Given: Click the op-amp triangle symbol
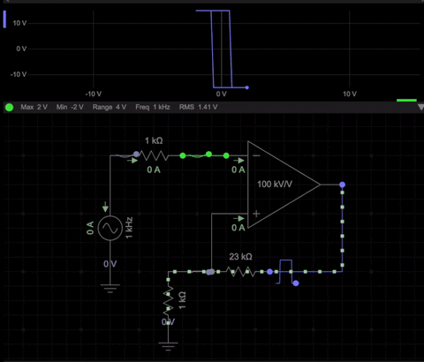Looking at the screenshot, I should (281, 185).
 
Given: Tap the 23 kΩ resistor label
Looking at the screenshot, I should (240, 257).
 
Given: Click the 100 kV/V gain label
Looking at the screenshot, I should (276, 185).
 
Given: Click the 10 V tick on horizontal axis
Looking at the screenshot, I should (349, 94).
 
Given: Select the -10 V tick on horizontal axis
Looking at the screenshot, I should (93, 94).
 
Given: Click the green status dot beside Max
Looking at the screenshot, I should (9, 107).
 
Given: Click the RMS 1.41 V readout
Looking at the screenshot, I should (198, 107).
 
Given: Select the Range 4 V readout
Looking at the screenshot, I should (109, 107).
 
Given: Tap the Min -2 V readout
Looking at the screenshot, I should (69, 107).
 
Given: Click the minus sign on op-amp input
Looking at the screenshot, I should (256, 155).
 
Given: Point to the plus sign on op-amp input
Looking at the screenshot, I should (256, 214).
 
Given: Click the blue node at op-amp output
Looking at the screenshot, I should (342, 185).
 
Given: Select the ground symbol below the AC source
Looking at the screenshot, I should (110, 286).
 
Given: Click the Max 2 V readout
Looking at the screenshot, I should (34, 107).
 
